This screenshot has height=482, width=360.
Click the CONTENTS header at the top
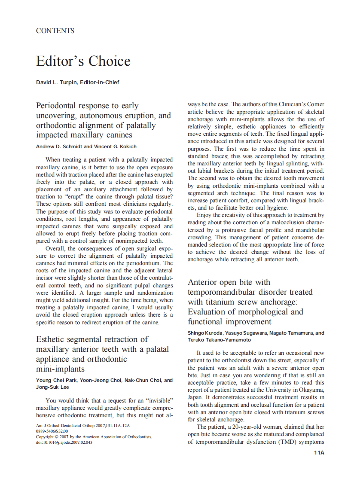pos(55,31)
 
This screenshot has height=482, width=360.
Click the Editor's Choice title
pos(83,61)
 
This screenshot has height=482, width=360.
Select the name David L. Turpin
pos(56,82)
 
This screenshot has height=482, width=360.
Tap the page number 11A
pos(319,453)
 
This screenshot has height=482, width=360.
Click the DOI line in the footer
pos(64,442)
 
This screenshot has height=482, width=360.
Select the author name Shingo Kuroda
pos(206,333)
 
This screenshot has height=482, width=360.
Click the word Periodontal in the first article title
pos(62,106)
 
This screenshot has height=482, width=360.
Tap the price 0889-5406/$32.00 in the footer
pos(52,431)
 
